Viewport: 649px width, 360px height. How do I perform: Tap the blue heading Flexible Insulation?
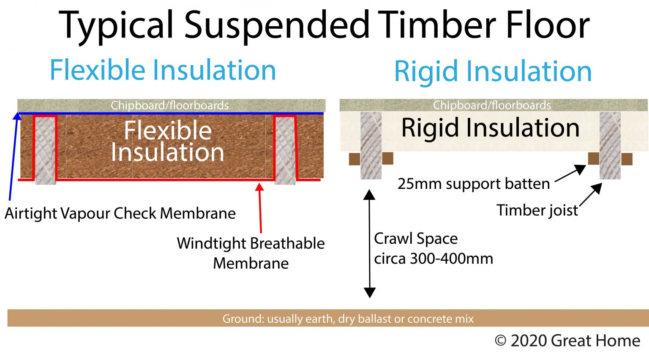(163, 70)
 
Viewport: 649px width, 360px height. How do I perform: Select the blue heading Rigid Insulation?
(493, 71)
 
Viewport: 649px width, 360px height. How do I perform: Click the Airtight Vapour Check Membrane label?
(120, 213)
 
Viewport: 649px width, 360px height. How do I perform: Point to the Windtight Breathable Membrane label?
(251, 253)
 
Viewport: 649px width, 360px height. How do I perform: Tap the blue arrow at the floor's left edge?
(13, 156)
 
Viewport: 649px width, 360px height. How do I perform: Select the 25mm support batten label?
(473, 184)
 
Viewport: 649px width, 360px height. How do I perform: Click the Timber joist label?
(537, 210)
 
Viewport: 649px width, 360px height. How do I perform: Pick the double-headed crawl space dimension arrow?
(370, 244)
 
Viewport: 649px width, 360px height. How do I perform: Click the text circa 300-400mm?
(433, 258)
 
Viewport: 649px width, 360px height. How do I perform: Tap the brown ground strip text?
(348, 319)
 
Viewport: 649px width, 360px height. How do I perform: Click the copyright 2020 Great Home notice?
(567, 341)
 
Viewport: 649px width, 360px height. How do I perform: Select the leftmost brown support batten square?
(354, 159)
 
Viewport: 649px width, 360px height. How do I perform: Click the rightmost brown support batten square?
(627, 159)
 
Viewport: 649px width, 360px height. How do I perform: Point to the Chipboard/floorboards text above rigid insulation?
(492, 105)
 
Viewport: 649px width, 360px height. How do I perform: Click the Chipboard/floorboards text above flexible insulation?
(169, 105)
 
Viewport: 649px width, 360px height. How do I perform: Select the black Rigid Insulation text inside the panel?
(490, 128)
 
